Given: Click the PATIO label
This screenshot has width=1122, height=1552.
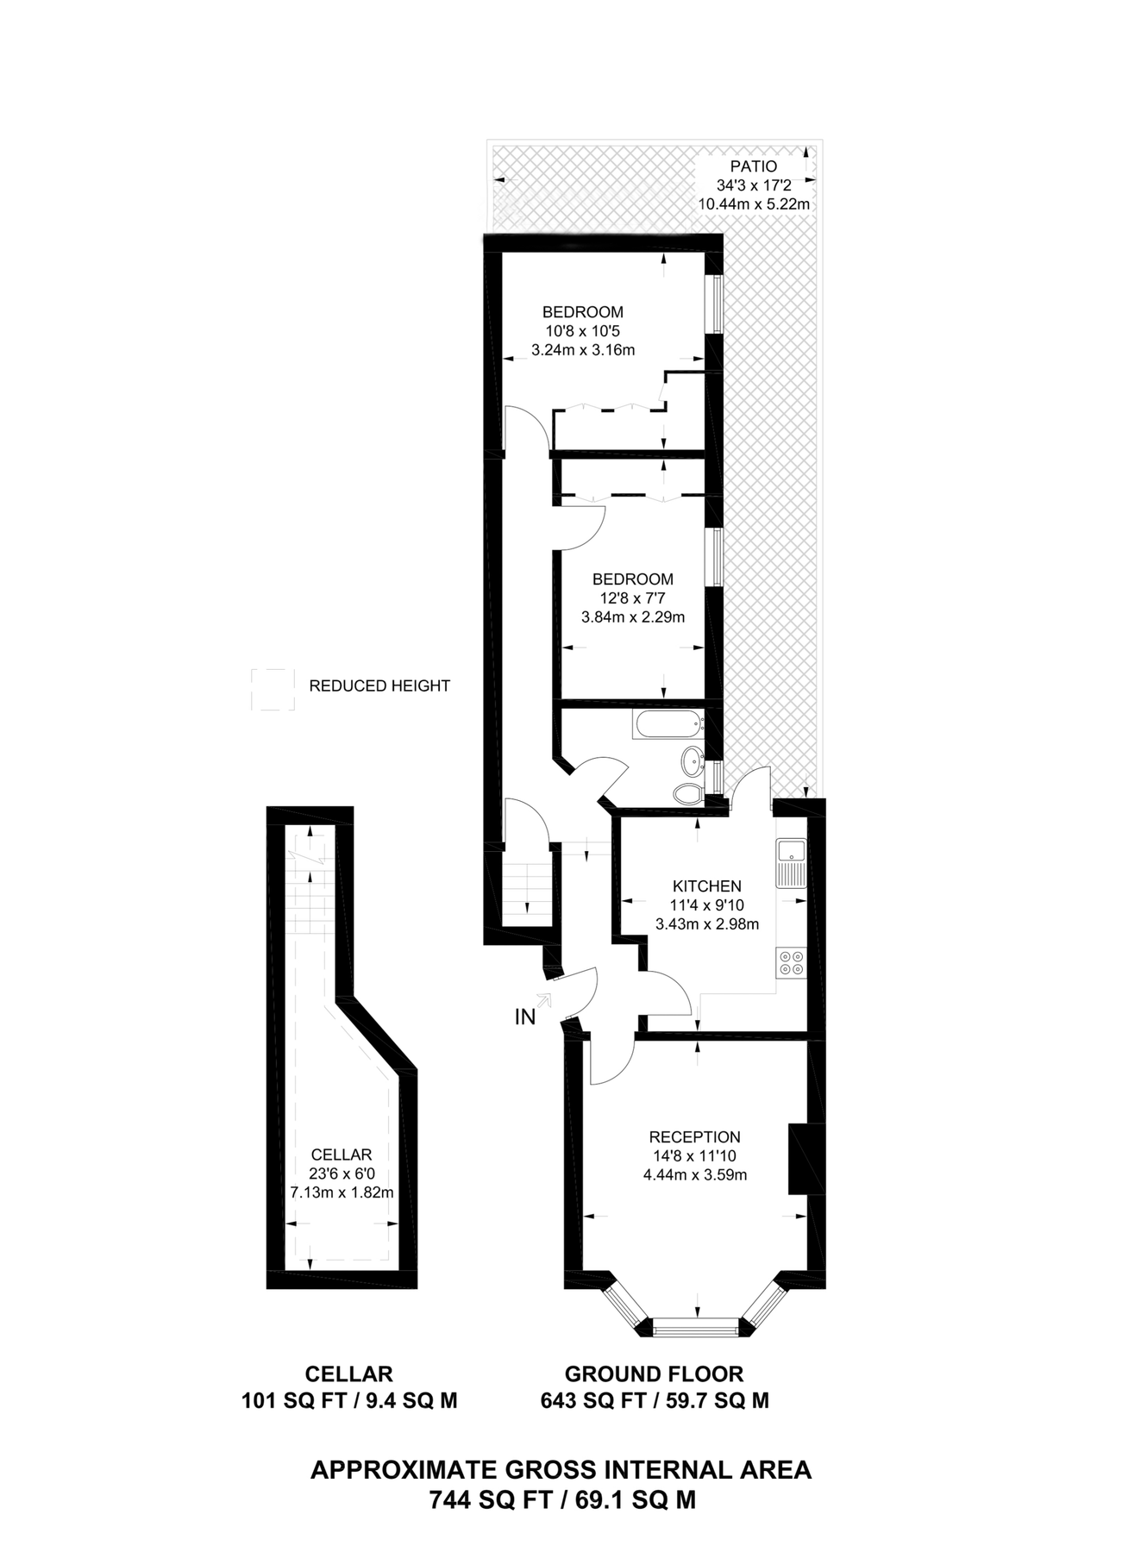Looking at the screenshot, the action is (x=754, y=166).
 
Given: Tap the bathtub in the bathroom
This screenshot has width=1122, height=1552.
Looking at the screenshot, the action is (x=668, y=723).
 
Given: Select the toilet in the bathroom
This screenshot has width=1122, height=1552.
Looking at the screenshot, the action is (x=687, y=793).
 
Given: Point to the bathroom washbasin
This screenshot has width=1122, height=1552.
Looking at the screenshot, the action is (x=692, y=760).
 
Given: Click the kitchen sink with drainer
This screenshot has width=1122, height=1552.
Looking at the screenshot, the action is (x=790, y=863).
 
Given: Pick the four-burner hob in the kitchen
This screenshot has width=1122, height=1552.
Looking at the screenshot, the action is (x=790, y=962).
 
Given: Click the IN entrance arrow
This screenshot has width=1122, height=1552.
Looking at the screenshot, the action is (x=542, y=1001).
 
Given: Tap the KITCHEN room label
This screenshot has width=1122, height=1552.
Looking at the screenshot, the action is (x=707, y=886).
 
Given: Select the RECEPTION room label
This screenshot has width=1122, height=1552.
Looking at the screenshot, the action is (x=695, y=1137).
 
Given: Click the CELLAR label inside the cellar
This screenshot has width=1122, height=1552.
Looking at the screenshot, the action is (x=342, y=1155).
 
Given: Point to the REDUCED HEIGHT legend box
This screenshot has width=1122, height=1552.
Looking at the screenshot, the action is (x=273, y=690).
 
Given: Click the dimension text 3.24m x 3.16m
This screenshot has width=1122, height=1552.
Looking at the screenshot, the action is (x=583, y=350).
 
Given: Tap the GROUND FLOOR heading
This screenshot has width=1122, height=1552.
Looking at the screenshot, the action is (x=654, y=1374).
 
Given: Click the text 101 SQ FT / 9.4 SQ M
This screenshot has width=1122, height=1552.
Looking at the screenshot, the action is (x=349, y=1401).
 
